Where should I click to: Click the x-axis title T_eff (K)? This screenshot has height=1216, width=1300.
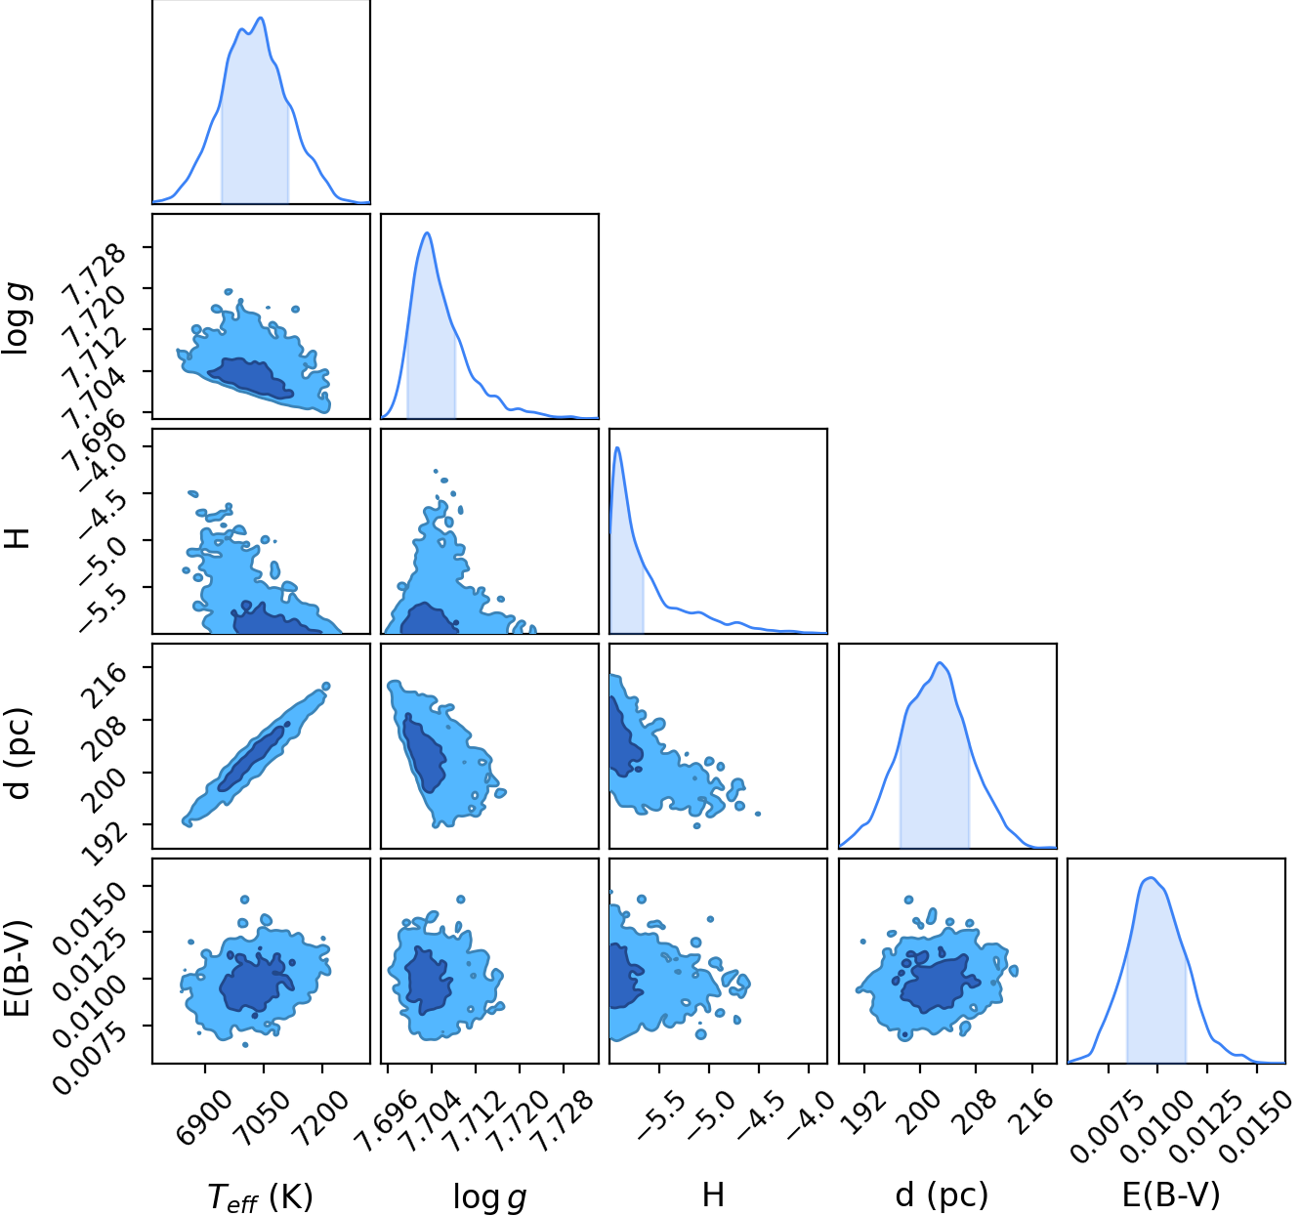point(260,1195)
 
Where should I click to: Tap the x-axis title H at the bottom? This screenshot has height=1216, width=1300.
point(713,1195)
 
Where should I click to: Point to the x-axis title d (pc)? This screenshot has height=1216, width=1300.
point(942,1195)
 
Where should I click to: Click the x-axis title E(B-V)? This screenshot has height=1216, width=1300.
point(1171,1195)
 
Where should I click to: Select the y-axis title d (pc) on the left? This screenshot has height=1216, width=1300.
point(19,754)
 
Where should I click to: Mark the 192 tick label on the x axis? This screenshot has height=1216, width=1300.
point(864,1112)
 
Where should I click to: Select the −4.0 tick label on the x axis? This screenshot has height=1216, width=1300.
point(810,1115)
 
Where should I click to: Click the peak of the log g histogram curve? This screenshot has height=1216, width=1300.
point(428,232)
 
